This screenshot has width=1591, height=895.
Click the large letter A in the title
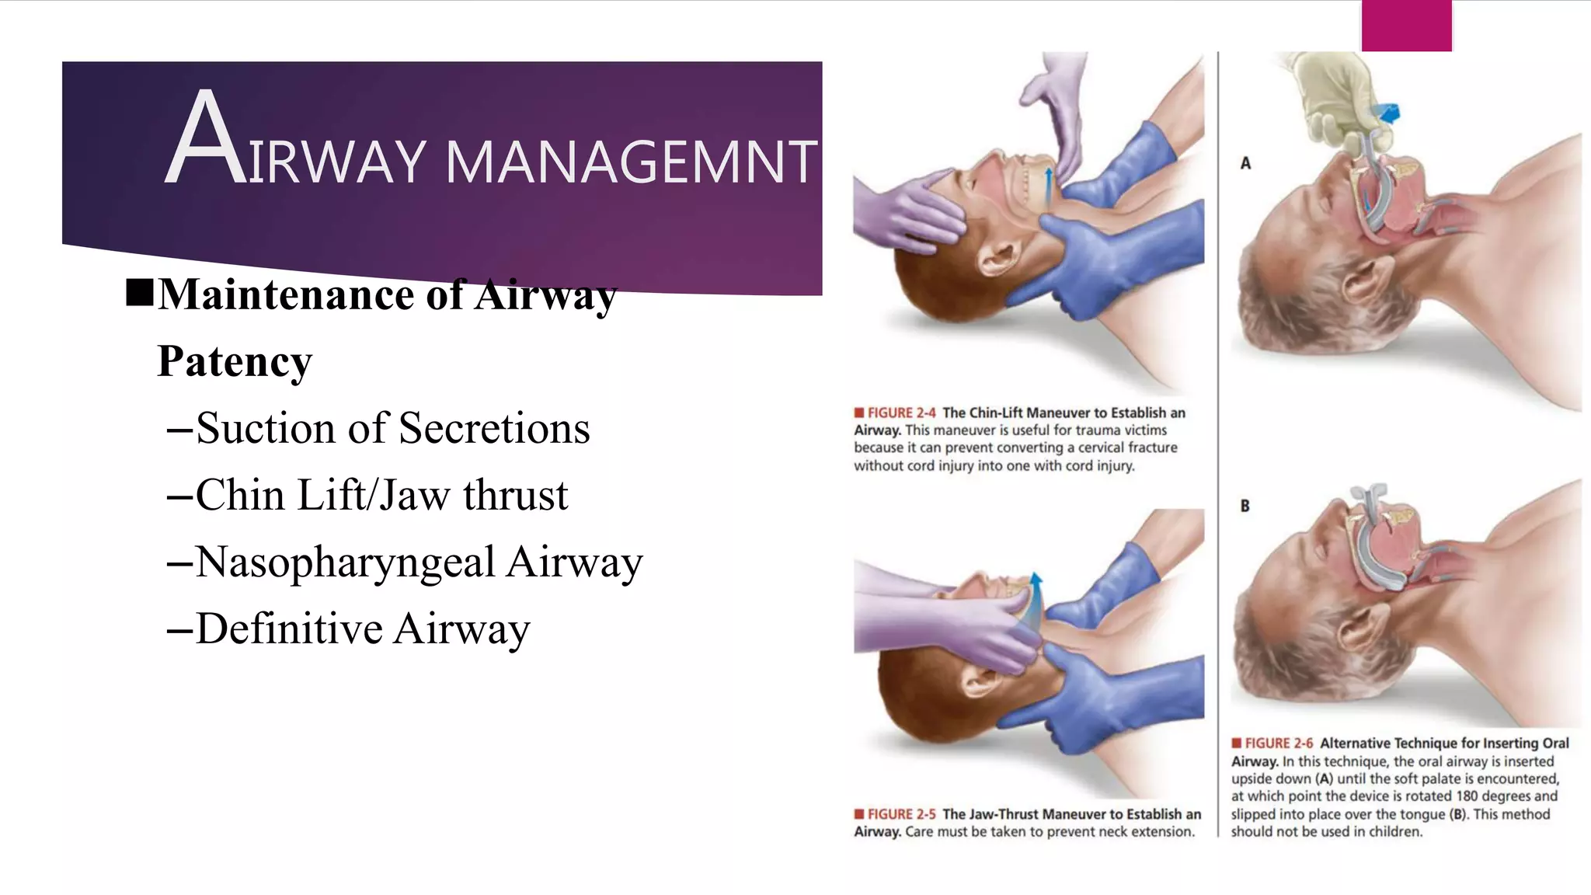pyautogui.click(x=205, y=140)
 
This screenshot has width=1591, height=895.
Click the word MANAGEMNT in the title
pyautogui.click(x=631, y=162)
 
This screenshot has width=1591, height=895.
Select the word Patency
pyautogui.click(x=235, y=361)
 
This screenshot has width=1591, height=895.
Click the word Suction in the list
pyautogui.click(x=264, y=428)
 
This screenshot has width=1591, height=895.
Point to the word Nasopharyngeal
pyautogui.click(x=345, y=562)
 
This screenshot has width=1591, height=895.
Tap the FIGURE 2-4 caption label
pyautogui.click(x=901, y=413)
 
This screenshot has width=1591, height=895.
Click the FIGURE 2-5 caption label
pyautogui.click(x=901, y=814)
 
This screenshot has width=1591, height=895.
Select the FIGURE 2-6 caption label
pyautogui.click(x=1278, y=744)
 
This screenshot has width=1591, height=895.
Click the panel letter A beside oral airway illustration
pyautogui.click(x=1245, y=163)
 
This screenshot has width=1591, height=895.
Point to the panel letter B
pyautogui.click(x=1245, y=506)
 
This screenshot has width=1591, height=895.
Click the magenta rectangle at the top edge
pyautogui.click(x=1406, y=26)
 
